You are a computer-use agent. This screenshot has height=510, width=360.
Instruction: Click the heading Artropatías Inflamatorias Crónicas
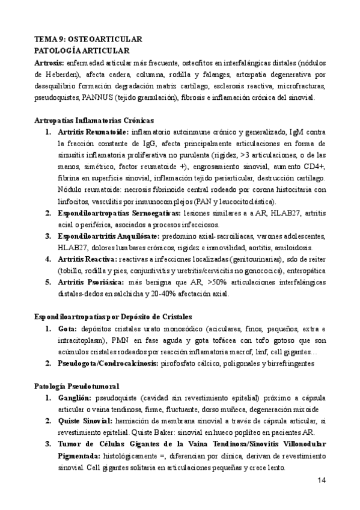coord(94,120)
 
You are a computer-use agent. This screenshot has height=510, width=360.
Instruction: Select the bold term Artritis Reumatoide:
coord(93,132)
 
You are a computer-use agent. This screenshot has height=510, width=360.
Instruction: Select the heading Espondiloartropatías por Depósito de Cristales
coord(116,318)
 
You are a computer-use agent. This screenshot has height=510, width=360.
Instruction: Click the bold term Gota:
coord(68,329)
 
